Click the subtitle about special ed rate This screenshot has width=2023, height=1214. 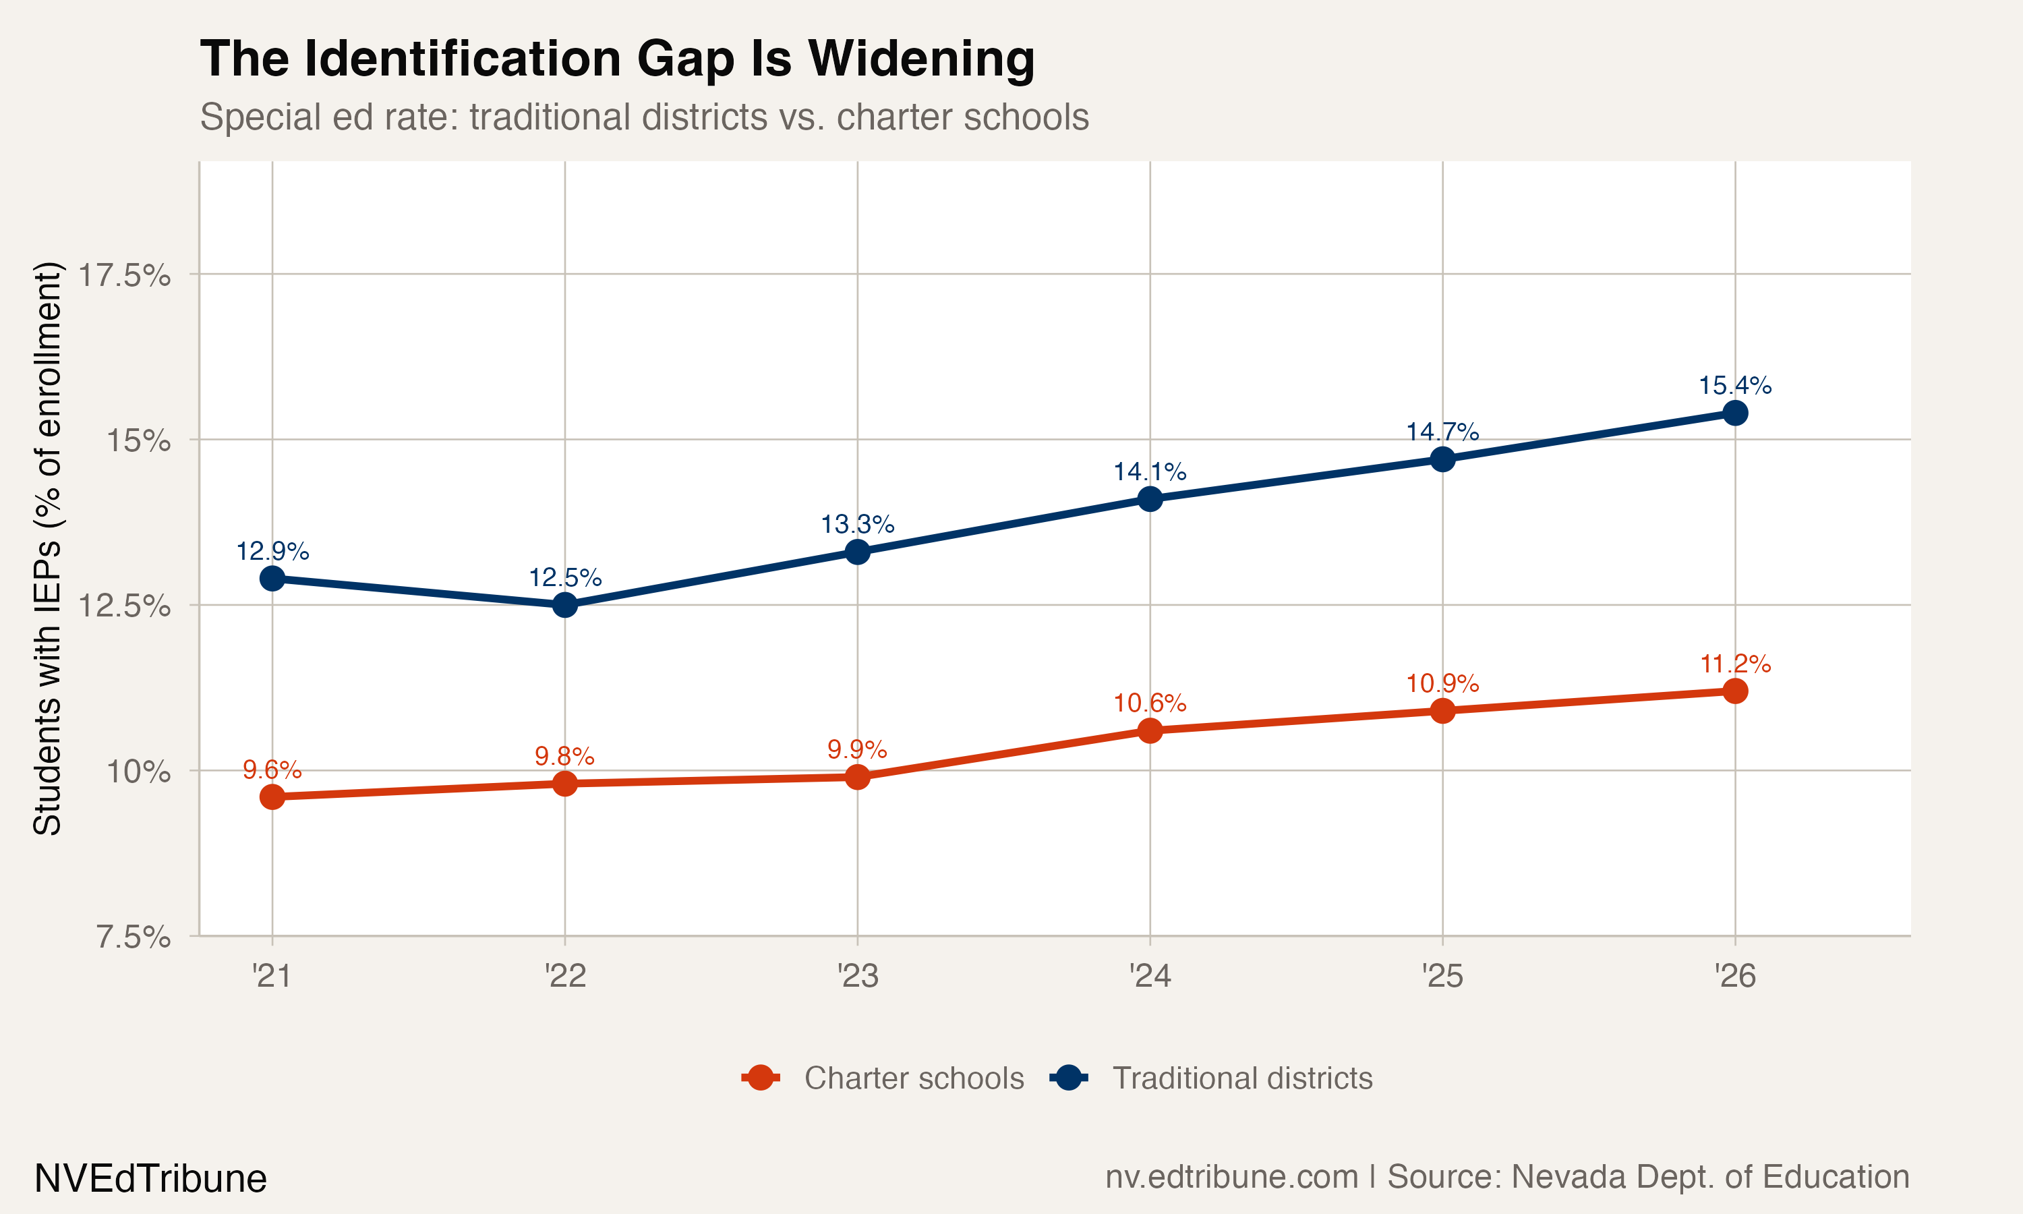click(x=645, y=117)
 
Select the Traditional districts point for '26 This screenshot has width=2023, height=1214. click(x=1734, y=413)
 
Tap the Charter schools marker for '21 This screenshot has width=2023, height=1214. click(x=272, y=796)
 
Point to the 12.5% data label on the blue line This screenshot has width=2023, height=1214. click(x=565, y=577)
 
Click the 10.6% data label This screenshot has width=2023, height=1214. click(x=1150, y=703)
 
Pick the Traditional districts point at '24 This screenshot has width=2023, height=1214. click(x=1150, y=498)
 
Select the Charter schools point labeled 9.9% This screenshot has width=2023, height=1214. click(x=857, y=776)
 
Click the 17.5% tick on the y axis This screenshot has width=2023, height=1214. click(x=124, y=276)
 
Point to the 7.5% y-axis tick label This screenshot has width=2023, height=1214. click(x=134, y=937)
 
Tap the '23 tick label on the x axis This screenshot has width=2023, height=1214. click(x=857, y=976)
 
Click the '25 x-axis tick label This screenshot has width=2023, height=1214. click(x=1442, y=976)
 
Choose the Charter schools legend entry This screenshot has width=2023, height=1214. click(x=883, y=1078)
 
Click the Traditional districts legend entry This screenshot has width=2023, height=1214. click(x=1212, y=1078)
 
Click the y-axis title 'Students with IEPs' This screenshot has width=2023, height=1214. click(x=47, y=548)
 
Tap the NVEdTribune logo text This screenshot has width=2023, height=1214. click(x=150, y=1179)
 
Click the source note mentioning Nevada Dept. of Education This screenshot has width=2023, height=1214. click(x=1507, y=1176)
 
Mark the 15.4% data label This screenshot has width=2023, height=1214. click(x=1734, y=385)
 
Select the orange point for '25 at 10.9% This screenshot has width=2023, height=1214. click(x=1442, y=710)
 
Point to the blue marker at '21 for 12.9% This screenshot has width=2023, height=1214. click(x=272, y=579)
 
